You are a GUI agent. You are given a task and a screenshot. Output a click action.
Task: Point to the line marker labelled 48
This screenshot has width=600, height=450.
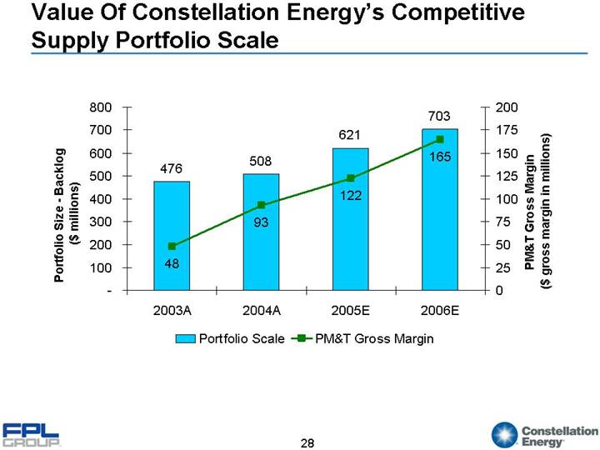click(172, 246)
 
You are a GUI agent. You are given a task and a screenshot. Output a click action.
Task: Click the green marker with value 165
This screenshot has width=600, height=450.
click(439, 139)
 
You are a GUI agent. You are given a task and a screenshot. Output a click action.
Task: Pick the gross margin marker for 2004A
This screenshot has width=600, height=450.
click(261, 205)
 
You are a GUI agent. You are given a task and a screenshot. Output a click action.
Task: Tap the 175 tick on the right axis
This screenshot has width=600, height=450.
click(506, 130)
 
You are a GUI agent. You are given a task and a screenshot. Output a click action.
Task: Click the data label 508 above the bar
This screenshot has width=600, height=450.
click(261, 160)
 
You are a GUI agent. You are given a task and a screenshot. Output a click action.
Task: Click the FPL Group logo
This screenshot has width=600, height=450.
click(32, 434)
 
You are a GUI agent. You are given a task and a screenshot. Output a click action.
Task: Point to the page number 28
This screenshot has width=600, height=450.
click(307, 442)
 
